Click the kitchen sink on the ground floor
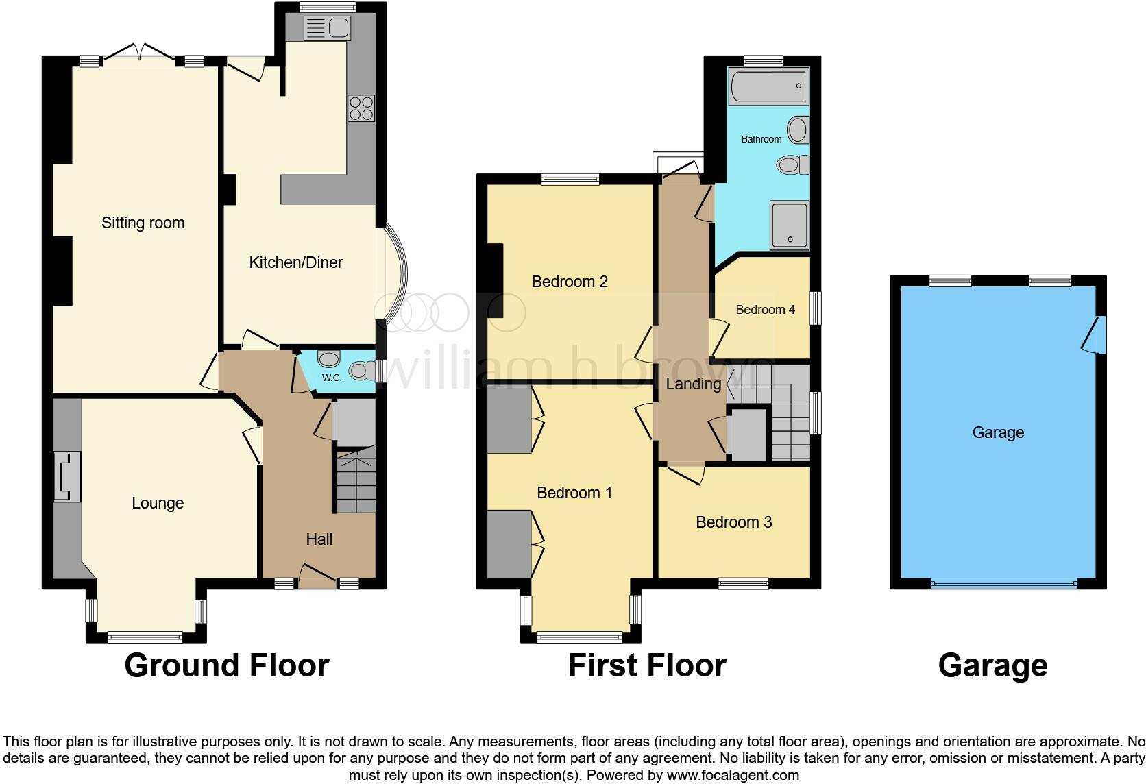point(328,28)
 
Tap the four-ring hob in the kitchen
point(361,108)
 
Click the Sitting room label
point(143,223)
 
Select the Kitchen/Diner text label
point(295,262)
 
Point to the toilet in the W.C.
point(361,371)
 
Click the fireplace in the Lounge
point(66,477)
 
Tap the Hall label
point(319,539)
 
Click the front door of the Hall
point(317,576)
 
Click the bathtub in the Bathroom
point(768,86)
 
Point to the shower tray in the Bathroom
point(790,224)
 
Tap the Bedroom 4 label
point(765,310)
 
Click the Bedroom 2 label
point(570,282)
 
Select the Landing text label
point(693,384)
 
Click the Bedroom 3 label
point(733,522)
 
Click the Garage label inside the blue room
point(997,432)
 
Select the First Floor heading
point(646,665)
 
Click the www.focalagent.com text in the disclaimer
point(732,775)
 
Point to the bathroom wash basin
point(798,130)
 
